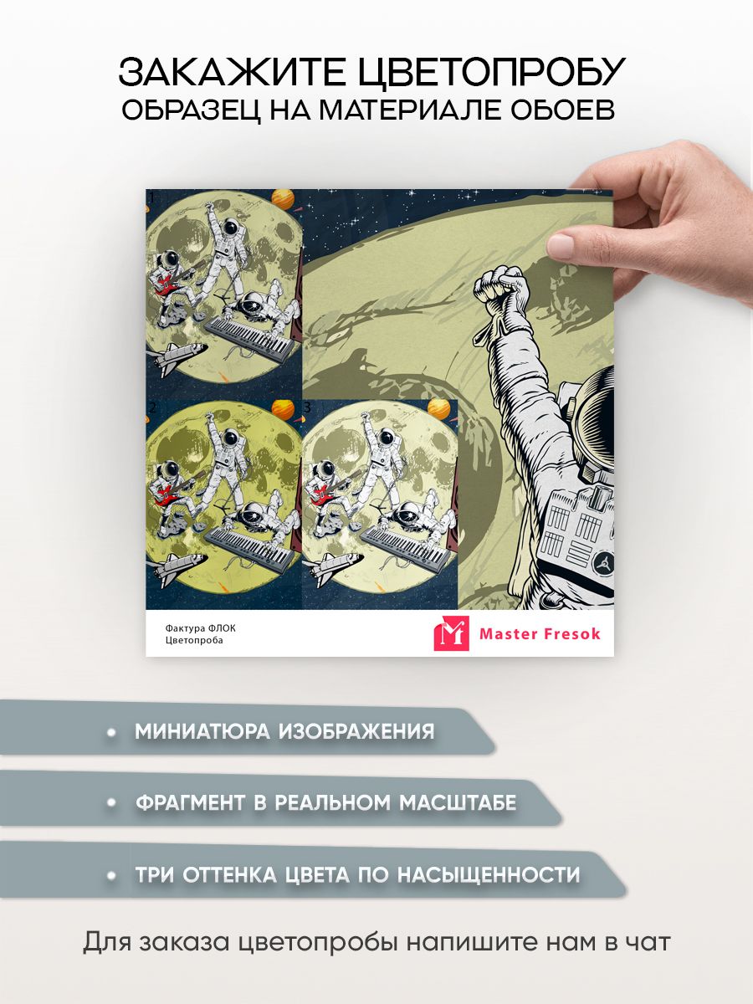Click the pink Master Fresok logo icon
point(451,633)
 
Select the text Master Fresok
point(540,634)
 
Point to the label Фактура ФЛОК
point(201,628)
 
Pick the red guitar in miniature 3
point(325,491)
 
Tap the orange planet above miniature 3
point(439,408)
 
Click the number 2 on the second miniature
point(153,407)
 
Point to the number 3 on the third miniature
point(307,407)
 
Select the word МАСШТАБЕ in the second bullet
point(458,802)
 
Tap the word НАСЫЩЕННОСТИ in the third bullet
point(489,874)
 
